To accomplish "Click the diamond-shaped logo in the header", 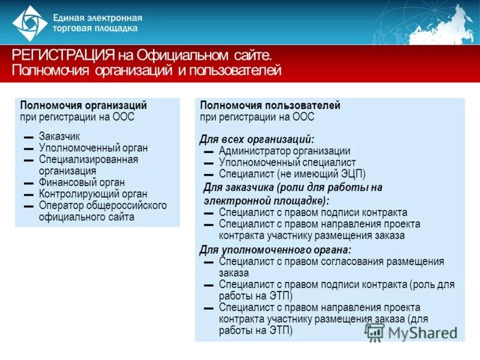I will pos(30,23).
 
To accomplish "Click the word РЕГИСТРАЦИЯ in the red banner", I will pos(62,56).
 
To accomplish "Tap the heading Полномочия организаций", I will pos(83,105).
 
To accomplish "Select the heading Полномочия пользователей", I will pos(270,105).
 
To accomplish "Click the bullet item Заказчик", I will pos(59,136).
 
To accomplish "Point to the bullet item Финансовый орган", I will pos(82,182).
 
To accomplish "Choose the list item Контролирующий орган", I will pos(93,194).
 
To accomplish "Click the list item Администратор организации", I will pos(284,151).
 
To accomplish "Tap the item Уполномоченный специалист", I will pos(287,163).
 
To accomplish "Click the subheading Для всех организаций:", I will pos(257,139).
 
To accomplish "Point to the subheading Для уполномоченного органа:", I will pos(275,250).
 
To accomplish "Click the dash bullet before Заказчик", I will pos(28,137).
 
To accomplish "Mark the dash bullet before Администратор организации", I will pos(208,152).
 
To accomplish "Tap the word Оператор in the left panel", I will pos(58,205).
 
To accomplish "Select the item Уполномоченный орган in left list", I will pos(93,148).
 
